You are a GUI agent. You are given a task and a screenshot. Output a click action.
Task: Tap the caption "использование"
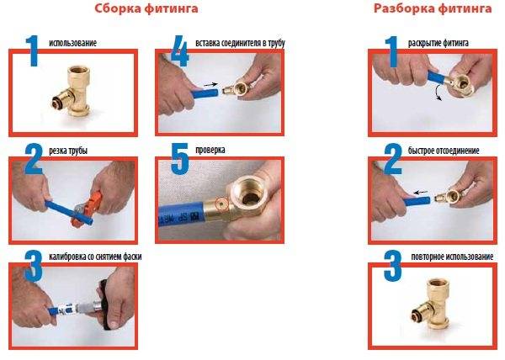click(x=73, y=42)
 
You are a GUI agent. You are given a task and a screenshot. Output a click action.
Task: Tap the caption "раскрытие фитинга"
click(x=438, y=42)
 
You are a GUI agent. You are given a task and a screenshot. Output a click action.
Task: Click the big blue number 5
click(x=176, y=161)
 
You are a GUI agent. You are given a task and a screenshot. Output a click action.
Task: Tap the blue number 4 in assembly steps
click(x=177, y=52)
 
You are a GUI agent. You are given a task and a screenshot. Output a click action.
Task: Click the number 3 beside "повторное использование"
click(x=391, y=268)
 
